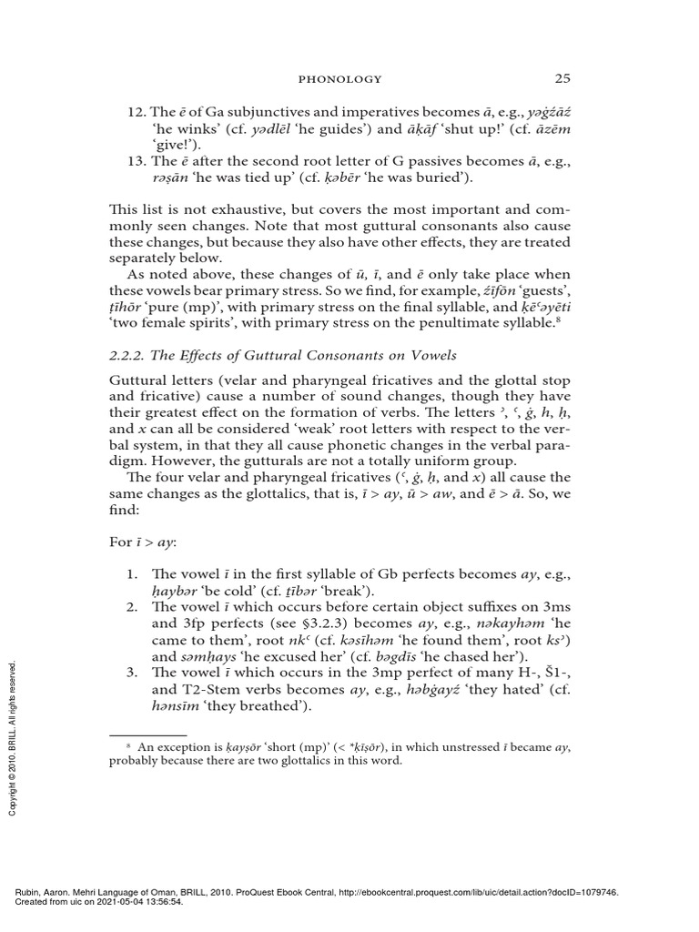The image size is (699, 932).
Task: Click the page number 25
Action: [562, 77]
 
